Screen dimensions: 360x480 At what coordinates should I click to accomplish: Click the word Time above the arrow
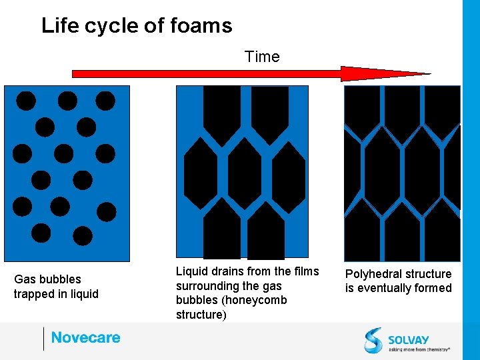262,57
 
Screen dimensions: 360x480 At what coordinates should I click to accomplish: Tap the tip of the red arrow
429,73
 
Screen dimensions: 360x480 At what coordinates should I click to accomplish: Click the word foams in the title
200,26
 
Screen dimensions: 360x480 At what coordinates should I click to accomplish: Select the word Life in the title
55,26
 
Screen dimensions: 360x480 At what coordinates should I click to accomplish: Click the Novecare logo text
86,338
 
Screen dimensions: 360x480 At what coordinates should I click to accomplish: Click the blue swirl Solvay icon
373,339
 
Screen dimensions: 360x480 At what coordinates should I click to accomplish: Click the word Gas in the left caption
25,279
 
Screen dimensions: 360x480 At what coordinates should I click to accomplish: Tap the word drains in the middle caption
227,271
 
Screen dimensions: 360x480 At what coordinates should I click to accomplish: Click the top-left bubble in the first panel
26,101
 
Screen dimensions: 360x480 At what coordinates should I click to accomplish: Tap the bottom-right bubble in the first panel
83,235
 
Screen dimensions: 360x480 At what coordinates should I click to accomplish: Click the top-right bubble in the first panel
105,101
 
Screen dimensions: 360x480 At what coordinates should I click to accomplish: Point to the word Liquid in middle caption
192,271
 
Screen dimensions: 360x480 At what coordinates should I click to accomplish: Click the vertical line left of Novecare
43,339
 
